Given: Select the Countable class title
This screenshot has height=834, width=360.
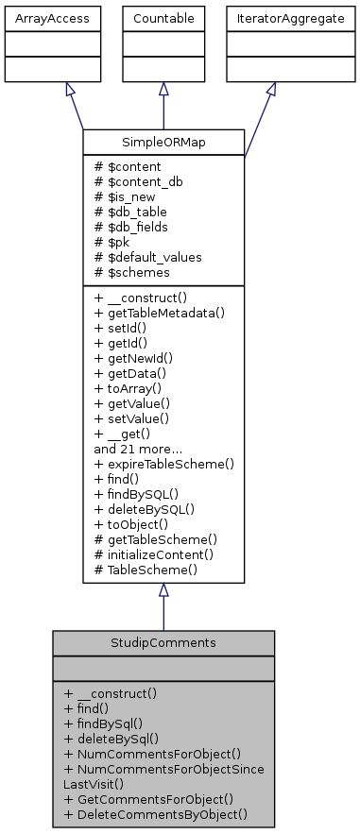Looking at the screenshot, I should coord(163,17).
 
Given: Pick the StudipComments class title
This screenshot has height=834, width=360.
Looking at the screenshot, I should coord(163,642).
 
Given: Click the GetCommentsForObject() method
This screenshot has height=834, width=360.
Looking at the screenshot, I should coord(149,798).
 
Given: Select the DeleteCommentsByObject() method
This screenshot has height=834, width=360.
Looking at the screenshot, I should coord(157,813).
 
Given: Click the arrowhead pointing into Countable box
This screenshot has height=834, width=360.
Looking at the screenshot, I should coord(163,89).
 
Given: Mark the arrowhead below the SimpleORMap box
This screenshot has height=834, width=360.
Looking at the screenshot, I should coord(163,589).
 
